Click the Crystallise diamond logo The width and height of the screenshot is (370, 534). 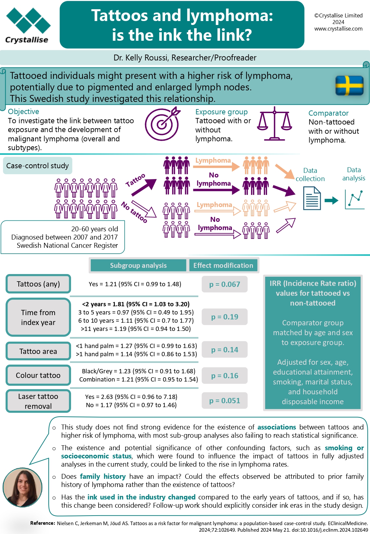(28, 21)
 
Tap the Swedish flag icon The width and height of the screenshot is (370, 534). (349, 85)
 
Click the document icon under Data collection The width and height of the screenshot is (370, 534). (312, 198)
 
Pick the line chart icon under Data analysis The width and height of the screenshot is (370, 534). (355, 199)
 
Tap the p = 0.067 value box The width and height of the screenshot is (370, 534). (225, 284)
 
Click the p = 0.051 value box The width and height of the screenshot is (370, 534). (225, 401)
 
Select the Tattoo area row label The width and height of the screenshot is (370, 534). (38, 351)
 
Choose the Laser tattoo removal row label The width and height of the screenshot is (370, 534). (38, 401)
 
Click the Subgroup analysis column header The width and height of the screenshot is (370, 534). (138, 265)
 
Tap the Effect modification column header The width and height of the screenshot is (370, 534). (223, 265)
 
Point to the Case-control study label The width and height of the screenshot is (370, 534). (37, 165)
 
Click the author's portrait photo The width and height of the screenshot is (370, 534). (22, 487)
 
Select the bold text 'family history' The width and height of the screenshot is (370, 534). (103, 476)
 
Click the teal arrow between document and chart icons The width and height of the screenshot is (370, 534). (331, 200)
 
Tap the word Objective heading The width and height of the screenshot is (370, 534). (23, 111)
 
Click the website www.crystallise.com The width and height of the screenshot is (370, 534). (338, 29)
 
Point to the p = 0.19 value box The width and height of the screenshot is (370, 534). (225, 317)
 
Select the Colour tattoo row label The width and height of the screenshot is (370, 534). (38, 375)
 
